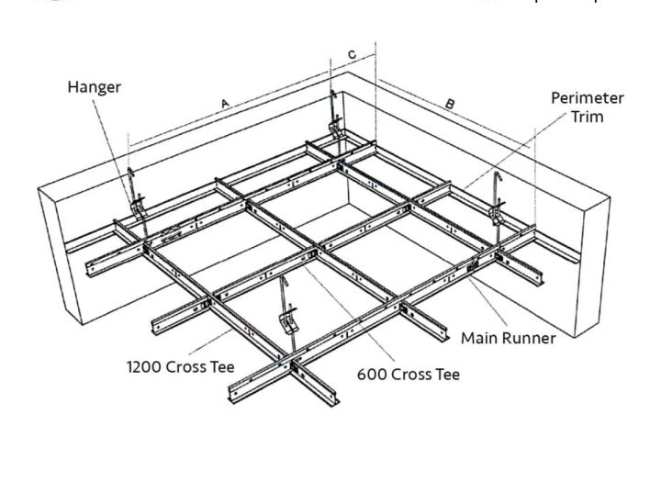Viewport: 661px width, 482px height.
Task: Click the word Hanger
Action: [94, 87]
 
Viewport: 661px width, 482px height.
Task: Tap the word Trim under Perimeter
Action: [588, 117]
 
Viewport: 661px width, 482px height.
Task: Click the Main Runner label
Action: [508, 338]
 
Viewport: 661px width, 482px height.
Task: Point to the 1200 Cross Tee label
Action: [180, 367]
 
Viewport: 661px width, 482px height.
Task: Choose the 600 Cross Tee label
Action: [408, 375]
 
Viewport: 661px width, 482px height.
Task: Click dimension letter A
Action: [225, 105]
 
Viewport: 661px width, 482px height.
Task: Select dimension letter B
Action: [449, 104]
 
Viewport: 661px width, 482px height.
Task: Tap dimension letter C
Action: [352, 55]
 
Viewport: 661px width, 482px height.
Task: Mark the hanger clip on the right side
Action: [497, 213]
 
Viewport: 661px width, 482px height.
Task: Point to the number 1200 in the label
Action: [142, 367]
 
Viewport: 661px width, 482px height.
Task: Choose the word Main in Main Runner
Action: [479, 338]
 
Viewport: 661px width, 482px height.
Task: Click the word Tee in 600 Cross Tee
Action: [445, 375]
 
